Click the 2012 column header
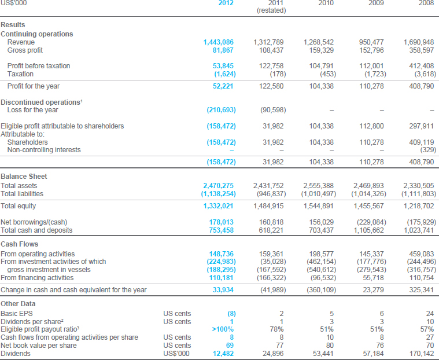pos(226,3)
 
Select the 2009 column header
pos(376,3)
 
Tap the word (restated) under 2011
pos(271,10)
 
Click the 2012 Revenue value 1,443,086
pos(219,42)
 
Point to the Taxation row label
pos(20,74)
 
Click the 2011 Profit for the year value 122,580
pos(271,86)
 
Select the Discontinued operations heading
pos(41,102)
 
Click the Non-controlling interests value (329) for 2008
pos(428,150)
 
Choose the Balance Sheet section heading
pos(24,177)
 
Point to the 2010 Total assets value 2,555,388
pos(318,186)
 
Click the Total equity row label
pos(18,206)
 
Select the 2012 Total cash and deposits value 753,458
pos(221,230)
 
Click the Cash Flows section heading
pos(19,244)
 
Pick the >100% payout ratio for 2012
pos(223,329)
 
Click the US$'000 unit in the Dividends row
pos(176,354)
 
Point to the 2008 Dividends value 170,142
pos(421,354)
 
